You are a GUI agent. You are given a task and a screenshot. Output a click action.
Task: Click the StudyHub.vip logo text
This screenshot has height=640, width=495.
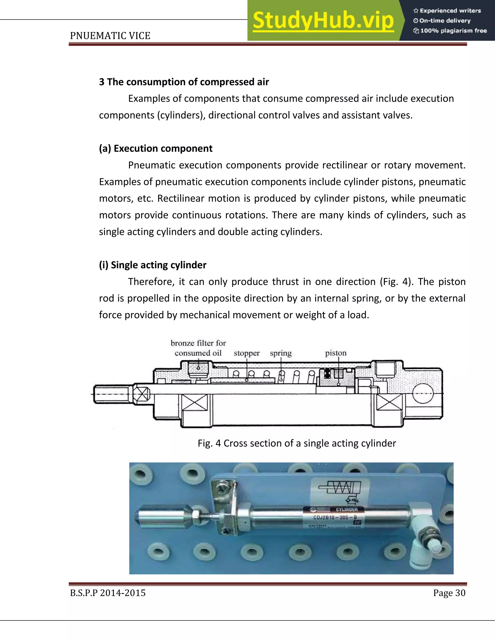323,21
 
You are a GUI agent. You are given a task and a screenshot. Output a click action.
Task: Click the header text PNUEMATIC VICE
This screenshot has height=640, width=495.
110,36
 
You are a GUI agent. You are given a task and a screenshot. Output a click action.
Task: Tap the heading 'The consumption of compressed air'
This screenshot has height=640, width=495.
184,82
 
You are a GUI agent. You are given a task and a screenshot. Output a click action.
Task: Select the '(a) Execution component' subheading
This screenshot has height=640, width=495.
156,149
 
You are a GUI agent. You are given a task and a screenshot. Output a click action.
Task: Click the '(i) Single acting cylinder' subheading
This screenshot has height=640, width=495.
153,265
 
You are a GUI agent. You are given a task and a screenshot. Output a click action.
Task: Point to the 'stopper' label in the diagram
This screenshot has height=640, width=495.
247,353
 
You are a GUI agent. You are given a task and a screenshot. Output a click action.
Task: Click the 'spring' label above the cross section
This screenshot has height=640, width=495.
281,353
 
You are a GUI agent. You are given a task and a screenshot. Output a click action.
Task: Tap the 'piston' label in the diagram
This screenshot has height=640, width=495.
336,353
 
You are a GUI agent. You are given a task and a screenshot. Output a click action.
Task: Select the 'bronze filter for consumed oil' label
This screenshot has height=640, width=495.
198,348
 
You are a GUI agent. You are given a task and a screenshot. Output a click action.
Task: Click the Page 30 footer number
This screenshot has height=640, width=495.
449,593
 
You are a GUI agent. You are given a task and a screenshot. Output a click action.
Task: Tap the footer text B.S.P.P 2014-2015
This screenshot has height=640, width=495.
108,593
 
